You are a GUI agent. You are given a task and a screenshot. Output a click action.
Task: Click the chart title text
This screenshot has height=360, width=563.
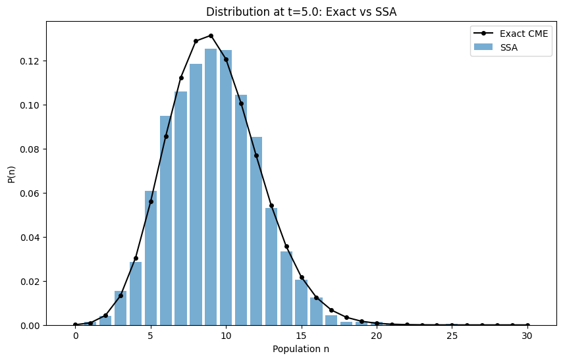coord(301,12)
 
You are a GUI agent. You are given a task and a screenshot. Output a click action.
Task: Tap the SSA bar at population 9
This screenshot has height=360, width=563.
coord(211,188)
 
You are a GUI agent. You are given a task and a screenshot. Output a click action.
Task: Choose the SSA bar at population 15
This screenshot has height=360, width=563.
coord(301,303)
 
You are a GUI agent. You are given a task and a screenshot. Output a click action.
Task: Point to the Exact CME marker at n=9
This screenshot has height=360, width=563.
coord(211,36)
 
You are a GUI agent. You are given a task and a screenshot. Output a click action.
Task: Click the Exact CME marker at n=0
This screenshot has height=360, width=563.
coord(75,324)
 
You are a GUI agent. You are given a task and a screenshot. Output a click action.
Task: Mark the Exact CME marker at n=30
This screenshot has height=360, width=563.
coord(527,325)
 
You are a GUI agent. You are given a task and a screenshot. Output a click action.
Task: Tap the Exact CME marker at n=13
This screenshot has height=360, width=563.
coord(271,205)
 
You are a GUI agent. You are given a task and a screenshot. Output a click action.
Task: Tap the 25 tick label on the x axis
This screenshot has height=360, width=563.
coord(452,336)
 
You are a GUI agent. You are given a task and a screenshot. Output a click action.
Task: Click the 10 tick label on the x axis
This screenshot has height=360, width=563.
coord(226,336)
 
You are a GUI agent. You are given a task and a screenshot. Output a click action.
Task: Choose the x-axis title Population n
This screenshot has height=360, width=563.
coord(301,349)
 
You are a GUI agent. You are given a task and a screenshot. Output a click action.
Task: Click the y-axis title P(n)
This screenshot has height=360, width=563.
coord(11,175)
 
